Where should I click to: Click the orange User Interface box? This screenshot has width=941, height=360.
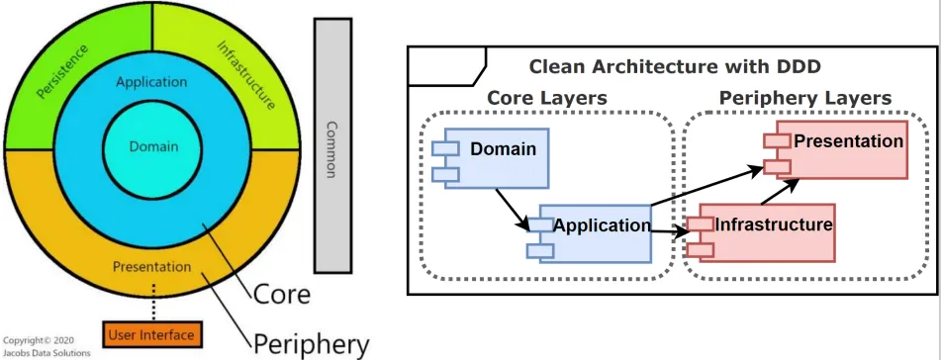point(152,335)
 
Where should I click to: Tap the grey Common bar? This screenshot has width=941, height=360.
point(332,145)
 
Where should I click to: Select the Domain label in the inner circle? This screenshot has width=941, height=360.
point(154,146)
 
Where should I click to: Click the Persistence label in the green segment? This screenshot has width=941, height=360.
point(61,71)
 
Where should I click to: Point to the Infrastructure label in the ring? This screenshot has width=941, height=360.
point(246,75)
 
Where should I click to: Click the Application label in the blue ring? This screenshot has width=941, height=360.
point(151,82)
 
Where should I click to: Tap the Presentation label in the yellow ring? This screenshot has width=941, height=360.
point(151,266)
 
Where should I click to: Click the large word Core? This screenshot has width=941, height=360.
point(281,295)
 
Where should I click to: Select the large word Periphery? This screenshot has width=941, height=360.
point(311,345)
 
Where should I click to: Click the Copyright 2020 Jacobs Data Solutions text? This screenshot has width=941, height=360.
point(47,346)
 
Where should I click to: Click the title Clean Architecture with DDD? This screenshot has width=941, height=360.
point(675,66)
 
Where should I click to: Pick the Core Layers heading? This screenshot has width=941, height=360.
point(547,98)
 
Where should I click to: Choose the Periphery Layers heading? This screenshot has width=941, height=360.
point(804,98)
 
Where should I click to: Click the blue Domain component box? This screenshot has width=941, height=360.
point(491,158)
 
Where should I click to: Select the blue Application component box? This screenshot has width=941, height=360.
point(590,232)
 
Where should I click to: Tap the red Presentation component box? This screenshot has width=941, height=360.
point(835,149)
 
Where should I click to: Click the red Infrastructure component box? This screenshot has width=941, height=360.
point(761,232)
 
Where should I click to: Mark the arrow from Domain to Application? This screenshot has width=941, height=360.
point(513,209)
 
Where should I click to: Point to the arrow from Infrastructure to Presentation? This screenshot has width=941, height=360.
point(780,192)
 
